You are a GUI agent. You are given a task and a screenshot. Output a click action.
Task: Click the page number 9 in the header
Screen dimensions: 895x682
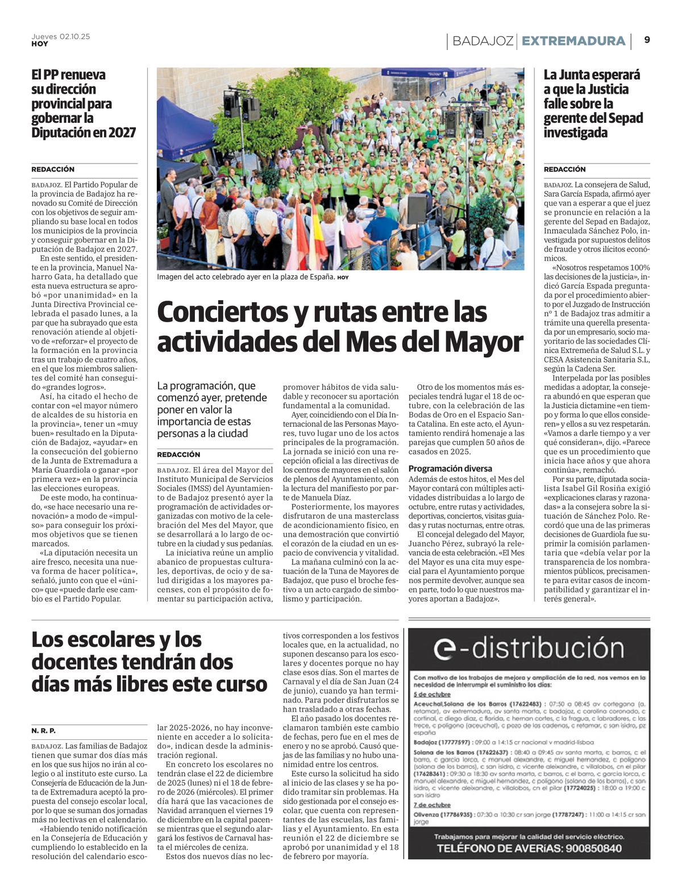[647, 40]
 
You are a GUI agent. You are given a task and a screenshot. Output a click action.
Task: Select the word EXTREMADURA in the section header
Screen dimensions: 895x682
[573, 41]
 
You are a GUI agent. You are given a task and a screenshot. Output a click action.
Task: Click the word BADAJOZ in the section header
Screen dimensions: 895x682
[483, 41]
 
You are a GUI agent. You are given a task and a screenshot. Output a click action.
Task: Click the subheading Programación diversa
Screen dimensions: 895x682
[450, 469]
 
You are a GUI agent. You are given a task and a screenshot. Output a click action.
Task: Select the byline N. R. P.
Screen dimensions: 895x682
[43, 731]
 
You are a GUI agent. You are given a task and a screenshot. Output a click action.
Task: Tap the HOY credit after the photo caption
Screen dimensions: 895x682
[343, 277]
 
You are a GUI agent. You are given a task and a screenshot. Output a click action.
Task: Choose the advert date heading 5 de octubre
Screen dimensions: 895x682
[432, 694]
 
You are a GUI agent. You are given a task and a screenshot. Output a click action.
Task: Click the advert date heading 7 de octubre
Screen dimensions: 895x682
[432, 805]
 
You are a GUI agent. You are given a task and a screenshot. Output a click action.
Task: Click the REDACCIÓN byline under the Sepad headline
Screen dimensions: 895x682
[564, 169]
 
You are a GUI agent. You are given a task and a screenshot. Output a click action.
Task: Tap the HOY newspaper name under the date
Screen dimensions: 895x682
[40, 44]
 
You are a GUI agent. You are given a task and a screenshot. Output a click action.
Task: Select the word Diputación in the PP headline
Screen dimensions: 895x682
[61, 132]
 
